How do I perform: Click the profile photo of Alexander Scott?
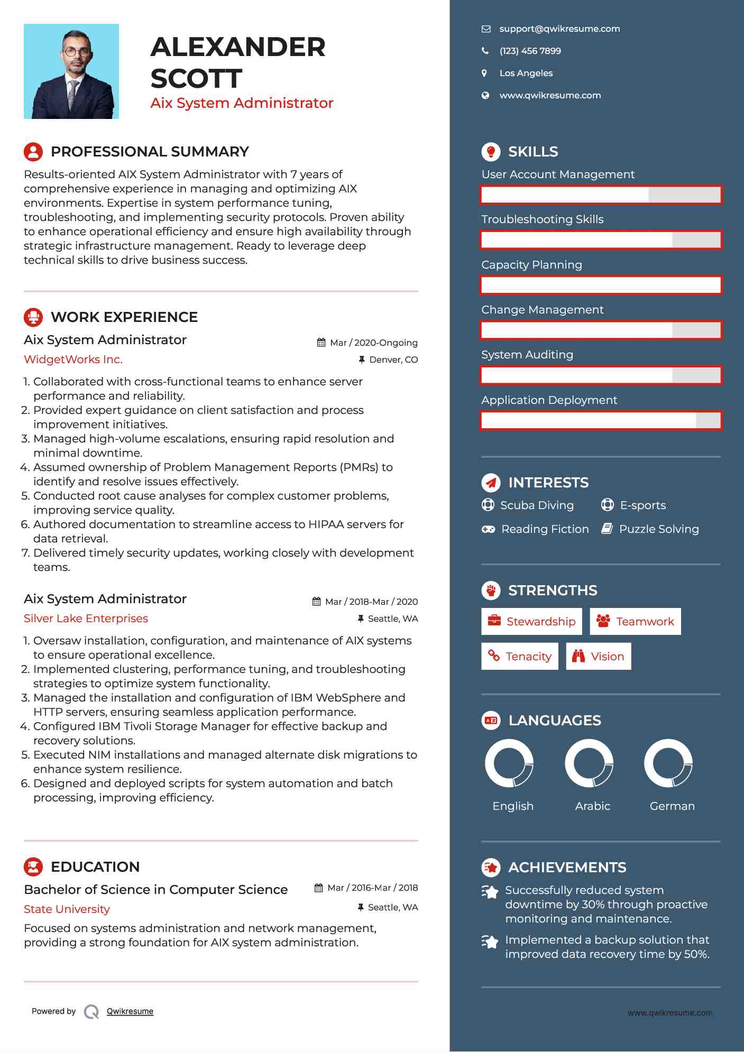[x=71, y=71]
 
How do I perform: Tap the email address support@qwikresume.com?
[x=559, y=29]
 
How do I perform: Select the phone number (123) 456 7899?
[x=530, y=51]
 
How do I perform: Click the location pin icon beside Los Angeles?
[x=484, y=73]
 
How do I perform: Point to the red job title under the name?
[x=242, y=103]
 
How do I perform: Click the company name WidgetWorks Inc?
[x=73, y=359]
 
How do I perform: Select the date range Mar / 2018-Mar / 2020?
[x=371, y=602]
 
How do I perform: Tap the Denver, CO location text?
[x=393, y=360]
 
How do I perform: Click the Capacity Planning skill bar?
[x=601, y=285]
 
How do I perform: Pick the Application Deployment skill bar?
[x=601, y=421]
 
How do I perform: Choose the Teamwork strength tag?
[x=635, y=622]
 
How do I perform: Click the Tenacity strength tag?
[x=520, y=657]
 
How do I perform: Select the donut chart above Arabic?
[x=589, y=763]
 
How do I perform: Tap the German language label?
[x=672, y=806]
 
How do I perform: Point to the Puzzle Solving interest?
[x=658, y=529]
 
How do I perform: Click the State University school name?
[x=67, y=909]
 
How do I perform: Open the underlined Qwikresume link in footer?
[x=130, y=1011]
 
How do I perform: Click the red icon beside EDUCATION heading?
[x=33, y=867]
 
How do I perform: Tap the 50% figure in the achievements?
[x=696, y=954]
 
